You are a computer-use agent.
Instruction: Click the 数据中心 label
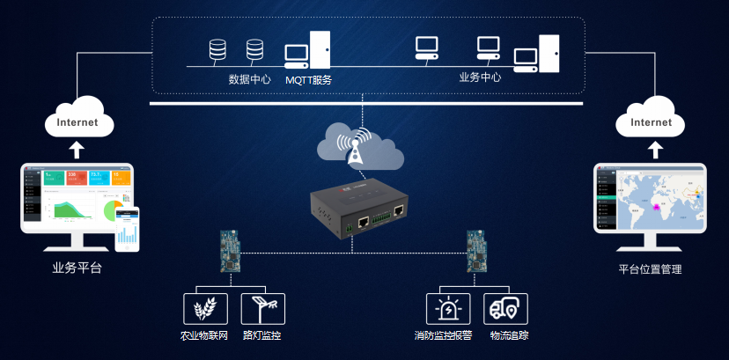pyautogui.click(x=249, y=79)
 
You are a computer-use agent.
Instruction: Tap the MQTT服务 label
pyautogui.click(x=308, y=80)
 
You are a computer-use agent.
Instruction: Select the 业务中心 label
pyautogui.click(x=480, y=77)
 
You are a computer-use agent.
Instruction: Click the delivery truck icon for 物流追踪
pyautogui.click(x=505, y=309)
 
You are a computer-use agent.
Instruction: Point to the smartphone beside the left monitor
pyautogui.click(x=128, y=229)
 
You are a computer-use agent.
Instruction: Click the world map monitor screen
pyautogui.click(x=651, y=199)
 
